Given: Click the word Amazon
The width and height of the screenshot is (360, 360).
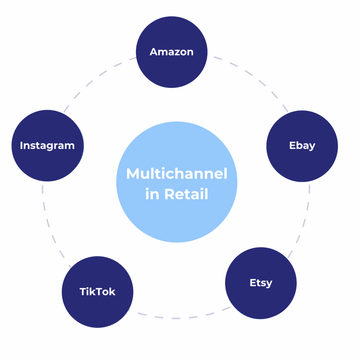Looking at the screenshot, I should point(172,52).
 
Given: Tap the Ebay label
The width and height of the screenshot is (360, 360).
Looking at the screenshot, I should point(302,145).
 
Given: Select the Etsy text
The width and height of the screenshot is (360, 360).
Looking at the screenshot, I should point(261,283).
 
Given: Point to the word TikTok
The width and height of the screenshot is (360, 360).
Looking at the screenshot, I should point(97,291).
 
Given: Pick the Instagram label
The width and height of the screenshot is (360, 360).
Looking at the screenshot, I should point(47,145).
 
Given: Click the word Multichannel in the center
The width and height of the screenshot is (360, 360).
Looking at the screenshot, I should point(177,174).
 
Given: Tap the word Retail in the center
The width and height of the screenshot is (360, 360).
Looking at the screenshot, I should point(186,194).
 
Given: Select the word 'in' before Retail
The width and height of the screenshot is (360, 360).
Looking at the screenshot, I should point(152,194).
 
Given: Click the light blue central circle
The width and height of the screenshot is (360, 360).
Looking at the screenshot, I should point(177,218).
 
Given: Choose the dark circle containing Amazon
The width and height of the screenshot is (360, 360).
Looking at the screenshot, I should point(172,70).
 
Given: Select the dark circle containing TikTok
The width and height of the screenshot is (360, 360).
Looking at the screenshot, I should point(97,309).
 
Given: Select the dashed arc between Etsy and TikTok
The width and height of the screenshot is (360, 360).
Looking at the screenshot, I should point(176,318).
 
